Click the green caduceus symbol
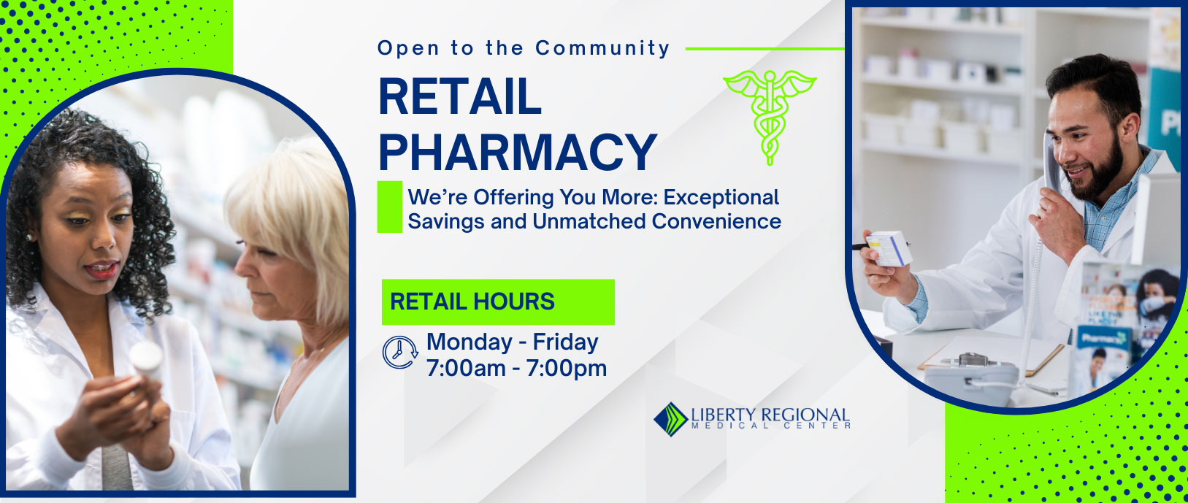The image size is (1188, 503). [770, 118]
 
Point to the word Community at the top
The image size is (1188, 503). [602, 47]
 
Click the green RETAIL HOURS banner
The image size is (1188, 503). [498, 302]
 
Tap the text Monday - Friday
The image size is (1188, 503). [513, 342]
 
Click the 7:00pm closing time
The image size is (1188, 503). [567, 369]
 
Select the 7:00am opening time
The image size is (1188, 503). [466, 369]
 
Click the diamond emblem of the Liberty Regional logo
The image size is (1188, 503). [670, 419]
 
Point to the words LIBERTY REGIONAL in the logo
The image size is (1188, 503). [770, 414]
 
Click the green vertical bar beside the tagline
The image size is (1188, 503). [389, 207]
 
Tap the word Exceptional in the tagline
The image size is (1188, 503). [721, 197]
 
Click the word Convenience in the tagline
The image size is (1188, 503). [716, 221]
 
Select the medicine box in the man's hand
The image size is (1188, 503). [889, 248]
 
